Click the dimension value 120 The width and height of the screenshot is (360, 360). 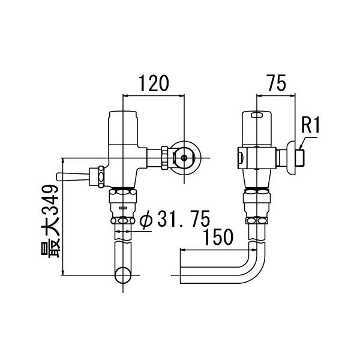[x=152, y=83]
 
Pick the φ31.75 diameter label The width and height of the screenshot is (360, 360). [x=173, y=221]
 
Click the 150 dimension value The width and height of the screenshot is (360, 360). [x=218, y=238]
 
